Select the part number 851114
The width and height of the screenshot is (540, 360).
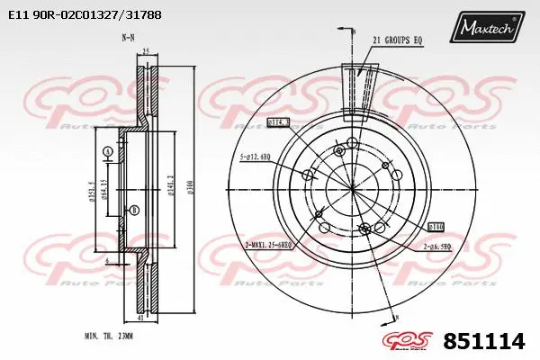[484, 341]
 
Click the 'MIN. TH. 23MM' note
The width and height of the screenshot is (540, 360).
[109, 335]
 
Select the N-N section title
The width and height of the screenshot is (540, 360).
[128, 38]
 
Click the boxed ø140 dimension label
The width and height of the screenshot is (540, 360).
[436, 228]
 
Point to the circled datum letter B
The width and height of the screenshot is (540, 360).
[135, 211]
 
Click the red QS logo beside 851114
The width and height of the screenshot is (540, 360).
[410, 341]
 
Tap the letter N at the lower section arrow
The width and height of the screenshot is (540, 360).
[393, 317]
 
